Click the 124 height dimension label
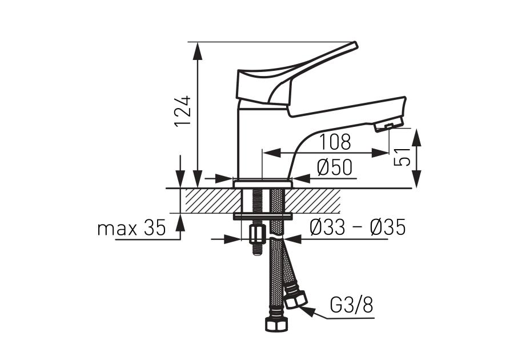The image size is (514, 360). pos(183,111)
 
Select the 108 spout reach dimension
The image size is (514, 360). pos(335,142)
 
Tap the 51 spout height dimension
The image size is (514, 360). pos(402,157)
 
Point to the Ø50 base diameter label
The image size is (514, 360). pos(335,167)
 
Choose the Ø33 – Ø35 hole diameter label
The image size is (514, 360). pos(358,227)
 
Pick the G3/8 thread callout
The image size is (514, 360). pos(351,306)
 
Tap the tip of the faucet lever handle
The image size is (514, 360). pos(355,45)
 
